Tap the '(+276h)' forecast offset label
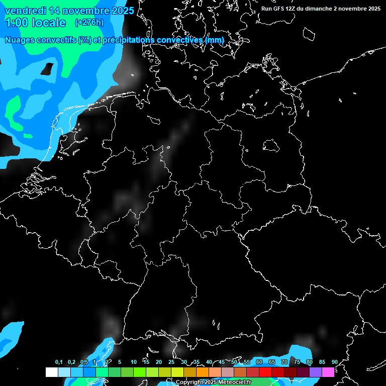pyautogui.click(x=89, y=23)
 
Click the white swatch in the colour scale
pyautogui.click(x=52, y=372)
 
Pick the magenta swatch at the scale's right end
pyautogui.click(x=328, y=372)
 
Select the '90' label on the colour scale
pyautogui.click(x=334, y=362)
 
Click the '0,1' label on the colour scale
pyautogui.click(x=59, y=362)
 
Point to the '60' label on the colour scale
pyautogui.click(x=259, y=362)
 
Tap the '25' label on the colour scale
pyautogui.click(x=171, y=362)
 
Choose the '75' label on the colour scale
pyautogui.click(x=297, y=362)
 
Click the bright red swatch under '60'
pyautogui.click(x=265, y=372)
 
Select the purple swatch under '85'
pyautogui.click(x=316, y=372)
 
